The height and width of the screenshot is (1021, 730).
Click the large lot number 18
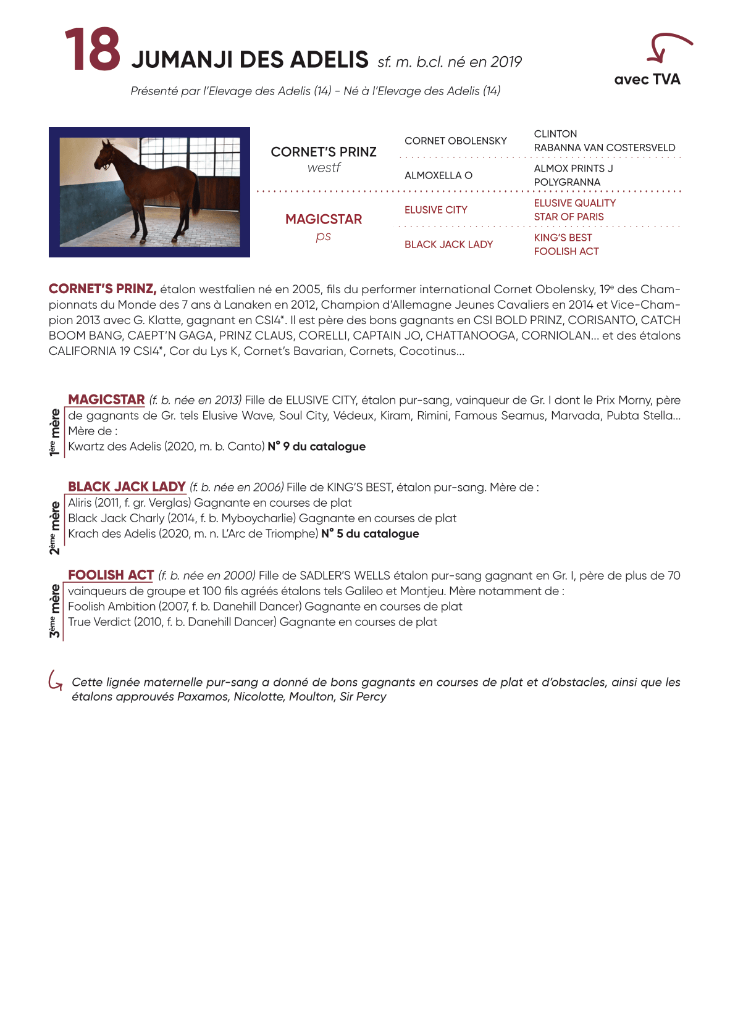pyautogui.click(x=93, y=49)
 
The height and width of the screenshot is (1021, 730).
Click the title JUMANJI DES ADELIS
pyautogui.click(x=250, y=60)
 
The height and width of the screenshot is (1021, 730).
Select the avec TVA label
pyautogui.click(x=647, y=79)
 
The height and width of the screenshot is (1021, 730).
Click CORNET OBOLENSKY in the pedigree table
pyautogui.click(x=455, y=141)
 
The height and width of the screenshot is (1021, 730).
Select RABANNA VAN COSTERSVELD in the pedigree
pyautogui.click(x=604, y=148)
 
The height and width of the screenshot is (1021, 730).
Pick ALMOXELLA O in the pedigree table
pyautogui.click(x=438, y=175)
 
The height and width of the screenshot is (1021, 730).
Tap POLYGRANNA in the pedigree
pyautogui.click(x=566, y=182)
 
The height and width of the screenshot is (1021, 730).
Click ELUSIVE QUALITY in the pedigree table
pyautogui.click(x=574, y=203)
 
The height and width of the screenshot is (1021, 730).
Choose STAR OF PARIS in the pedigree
pyautogui.click(x=568, y=217)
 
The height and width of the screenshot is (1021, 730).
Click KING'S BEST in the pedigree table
pyautogui.click(x=563, y=238)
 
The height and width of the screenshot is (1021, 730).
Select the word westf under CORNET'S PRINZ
pyautogui.click(x=324, y=168)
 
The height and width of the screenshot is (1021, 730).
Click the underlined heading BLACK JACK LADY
pyautogui.click(x=127, y=486)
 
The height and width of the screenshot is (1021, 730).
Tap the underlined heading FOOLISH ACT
pyautogui.click(x=111, y=575)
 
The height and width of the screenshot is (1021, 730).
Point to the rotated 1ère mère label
pyautogui.click(x=55, y=431)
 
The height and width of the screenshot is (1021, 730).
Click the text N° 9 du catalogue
pyautogui.click(x=316, y=446)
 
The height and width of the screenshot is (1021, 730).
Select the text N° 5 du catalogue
pyautogui.click(x=369, y=533)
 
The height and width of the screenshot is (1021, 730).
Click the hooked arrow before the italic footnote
pyautogui.click(x=56, y=680)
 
